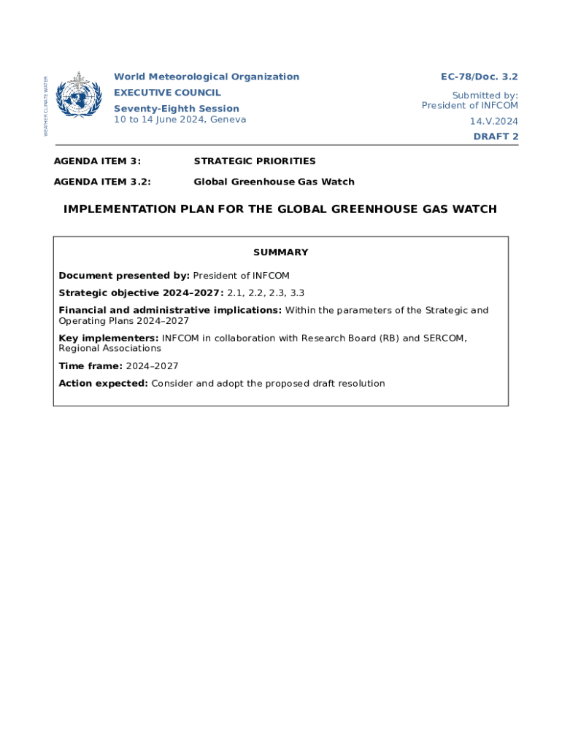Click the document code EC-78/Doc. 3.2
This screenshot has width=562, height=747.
pyautogui.click(x=479, y=77)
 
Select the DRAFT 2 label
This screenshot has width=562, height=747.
pyautogui.click(x=496, y=136)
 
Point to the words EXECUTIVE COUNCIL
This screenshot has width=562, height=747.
pyautogui.click(x=167, y=93)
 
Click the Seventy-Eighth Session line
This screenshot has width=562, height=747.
pyautogui.click(x=176, y=109)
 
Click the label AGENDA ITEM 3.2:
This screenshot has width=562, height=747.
pyautogui.click(x=107, y=182)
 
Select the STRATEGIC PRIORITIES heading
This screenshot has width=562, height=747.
pyautogui.click(x=254, y=160)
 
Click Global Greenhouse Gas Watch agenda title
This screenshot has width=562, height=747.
pyautogui.click(x=274, y=182)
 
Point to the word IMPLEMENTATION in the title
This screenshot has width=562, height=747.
pyautogui.click(x=120, y=209)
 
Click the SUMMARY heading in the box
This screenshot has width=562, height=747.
pyautogui.click(x=280, y=252)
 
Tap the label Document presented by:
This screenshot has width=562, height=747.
pyautogui.click(x=124, y=276)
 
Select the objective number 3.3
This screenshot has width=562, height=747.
pyautogui.click(x=296, y=293)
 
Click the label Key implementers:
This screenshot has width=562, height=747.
pyautogui.click(x=109, y=338)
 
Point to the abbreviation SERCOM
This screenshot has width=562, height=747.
pyautogui.click(x=443, y=338)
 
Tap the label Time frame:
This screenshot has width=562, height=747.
pyautogui.click(x=91, y=366)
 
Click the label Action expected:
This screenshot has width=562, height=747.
pyautogui.click(x=103, y=384)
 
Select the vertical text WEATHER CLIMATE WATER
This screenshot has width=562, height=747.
pyautogui.click(x=46, y=107)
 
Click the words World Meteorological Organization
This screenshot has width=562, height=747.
pyautogui.click(x=206, y=77)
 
